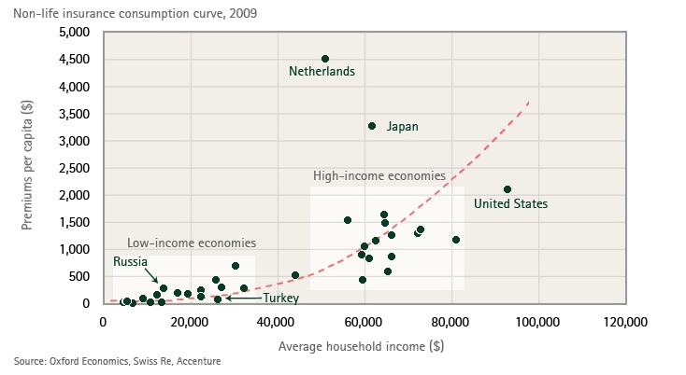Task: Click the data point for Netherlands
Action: click(x=325, y=59)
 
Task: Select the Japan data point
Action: click(x=372, y=126)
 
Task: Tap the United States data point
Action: click(x=507, y=189)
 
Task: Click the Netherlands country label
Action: click(x=322, y=71)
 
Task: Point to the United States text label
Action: click(x=510, y=204)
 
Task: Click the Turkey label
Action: click(x=281, y=299)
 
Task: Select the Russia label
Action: click(x=130, y=261)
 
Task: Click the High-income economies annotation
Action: click(x=379, y=176)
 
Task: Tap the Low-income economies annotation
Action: click(x=192, y=243)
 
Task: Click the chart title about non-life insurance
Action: click(x=136, y=14)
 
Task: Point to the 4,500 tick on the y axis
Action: click(x=75, y=60)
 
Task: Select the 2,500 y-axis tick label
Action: click(x=75, y=168)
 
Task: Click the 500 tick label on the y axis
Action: click(x=79, y=276)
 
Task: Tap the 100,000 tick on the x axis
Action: click(x=538, y=322)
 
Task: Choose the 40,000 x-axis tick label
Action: click(x=277, y=322)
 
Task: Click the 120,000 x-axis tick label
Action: click(x=625, y=322)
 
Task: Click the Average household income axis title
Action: click(x=362, y=347)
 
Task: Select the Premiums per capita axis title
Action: click(x=27, y=165)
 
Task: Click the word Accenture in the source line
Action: click(x=199, y=361)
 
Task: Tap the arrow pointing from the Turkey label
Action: click(x=243, y=299)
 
